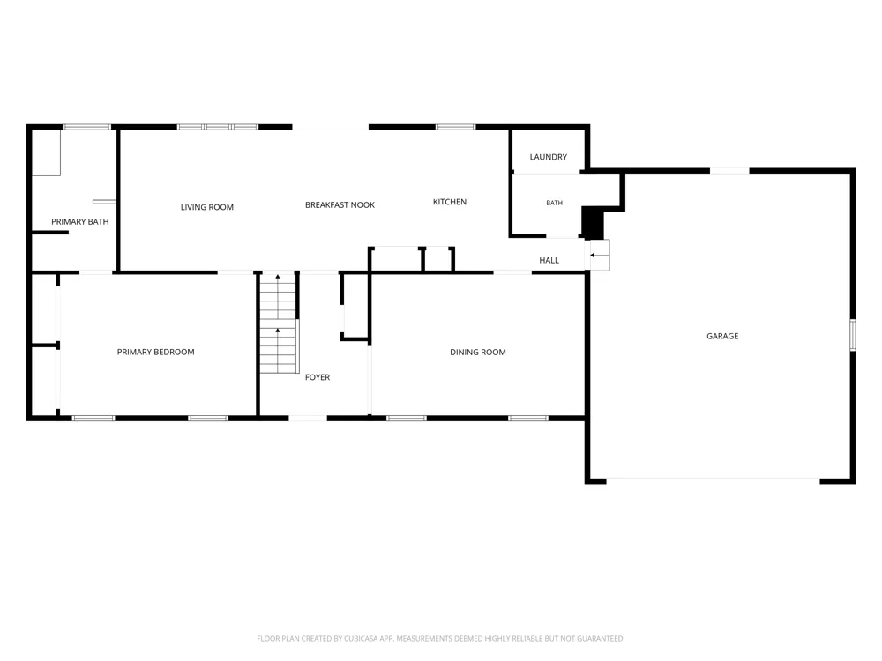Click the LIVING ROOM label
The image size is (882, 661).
point(207,207)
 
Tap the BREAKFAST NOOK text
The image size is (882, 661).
point(340,205)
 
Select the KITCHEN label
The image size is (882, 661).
point(450,202)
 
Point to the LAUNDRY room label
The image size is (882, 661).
point(549,157)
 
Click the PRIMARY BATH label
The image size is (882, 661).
point(80,222)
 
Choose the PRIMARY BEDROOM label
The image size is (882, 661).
point(156,352)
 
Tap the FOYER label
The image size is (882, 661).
point(318,377)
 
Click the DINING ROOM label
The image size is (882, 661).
point(477,353)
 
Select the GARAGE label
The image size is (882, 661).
point(722,336)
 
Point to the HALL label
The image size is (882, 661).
point(549,260)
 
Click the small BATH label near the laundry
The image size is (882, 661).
point(554,203)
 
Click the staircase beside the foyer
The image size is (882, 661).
point(279,323)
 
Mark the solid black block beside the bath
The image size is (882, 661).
point(593,223)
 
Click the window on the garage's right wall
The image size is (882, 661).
point(853,335)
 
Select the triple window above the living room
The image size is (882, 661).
point(218,127)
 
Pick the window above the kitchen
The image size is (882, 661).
point(456,127)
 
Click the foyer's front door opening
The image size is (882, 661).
point(308,418)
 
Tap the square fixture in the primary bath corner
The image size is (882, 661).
point(46,152)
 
